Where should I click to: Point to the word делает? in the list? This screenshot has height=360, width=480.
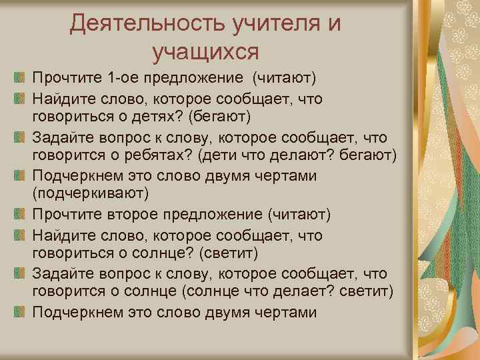point(310,292)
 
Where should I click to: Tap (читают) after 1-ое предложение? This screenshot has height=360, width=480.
point(283,80)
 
